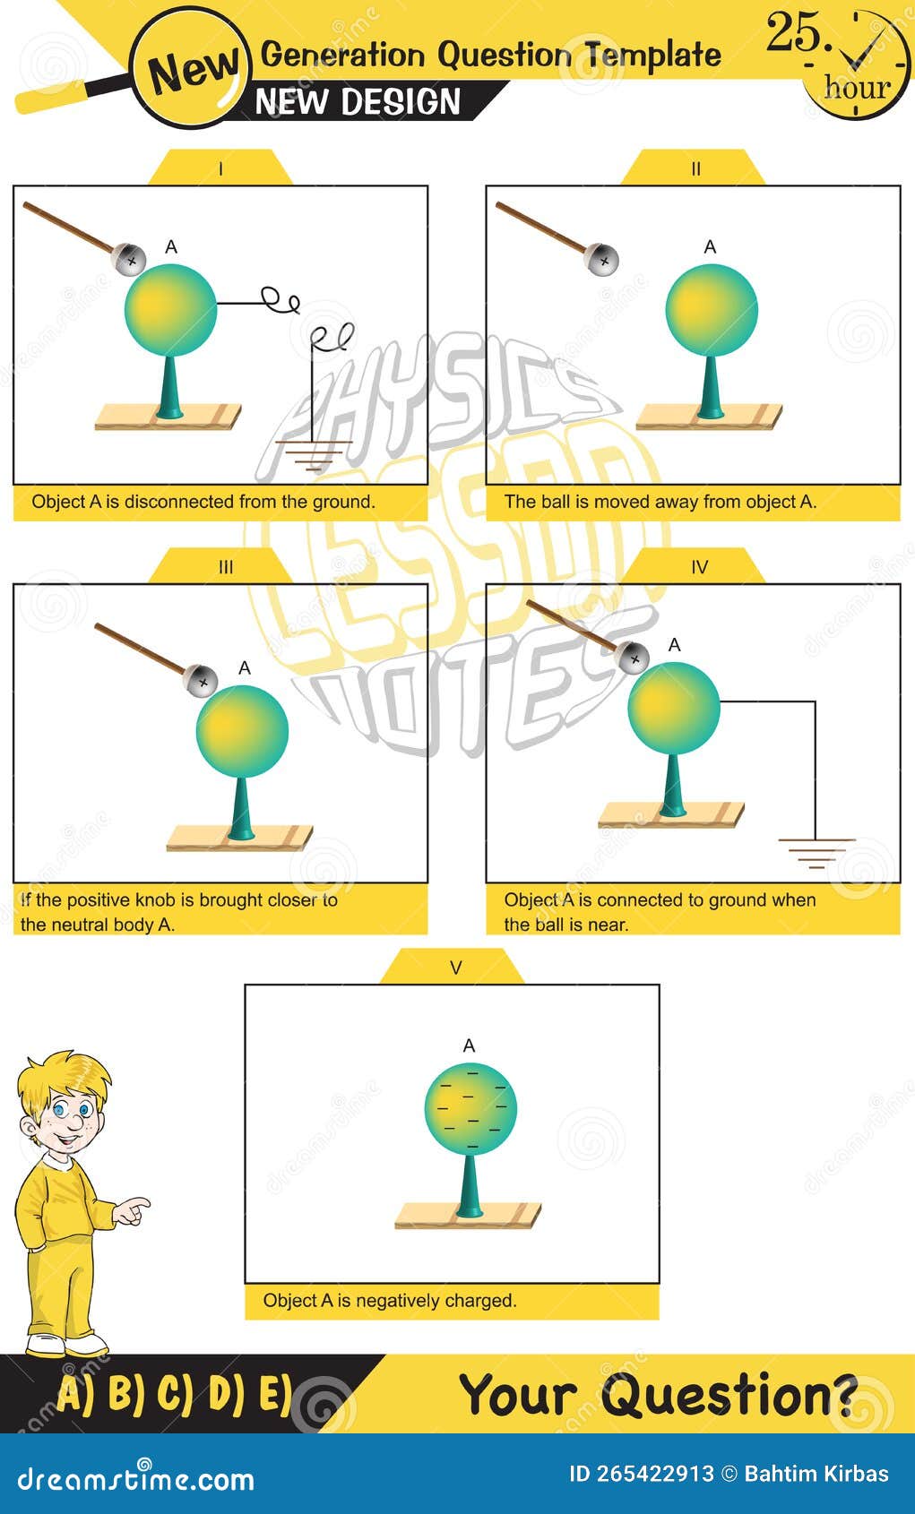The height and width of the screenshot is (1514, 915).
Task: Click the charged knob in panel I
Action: pyautogui.click(x=131, y=259)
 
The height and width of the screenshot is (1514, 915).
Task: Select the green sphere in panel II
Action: pyautogui.click(x=712, y=310)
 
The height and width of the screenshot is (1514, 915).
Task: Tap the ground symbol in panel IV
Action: pyautogui.click(x=816, y=852)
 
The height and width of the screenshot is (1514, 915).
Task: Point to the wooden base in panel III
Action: pyautogui.click(x=239, y=838)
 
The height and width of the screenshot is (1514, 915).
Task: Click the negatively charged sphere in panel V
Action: pyautogui.click(x=470, y=1107)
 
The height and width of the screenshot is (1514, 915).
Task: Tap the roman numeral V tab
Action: pyautogui.click(x=456, y=968)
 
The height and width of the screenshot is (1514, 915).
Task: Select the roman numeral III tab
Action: pyautogui.click(x=225, y=567)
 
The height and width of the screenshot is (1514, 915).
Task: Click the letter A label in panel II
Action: pyautogui.click(x=710, y=246)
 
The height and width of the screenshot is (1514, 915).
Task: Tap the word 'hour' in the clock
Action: pyautogui.click(x=857, y=88)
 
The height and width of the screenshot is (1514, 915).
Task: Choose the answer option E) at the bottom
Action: pyautogui.click(x=275, y=1394)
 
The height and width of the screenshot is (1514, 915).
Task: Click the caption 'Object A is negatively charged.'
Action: pyautogui.click(x=390, y=1300)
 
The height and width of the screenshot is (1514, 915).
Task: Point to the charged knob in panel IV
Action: pyautogui.click(x=634, y=658)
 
